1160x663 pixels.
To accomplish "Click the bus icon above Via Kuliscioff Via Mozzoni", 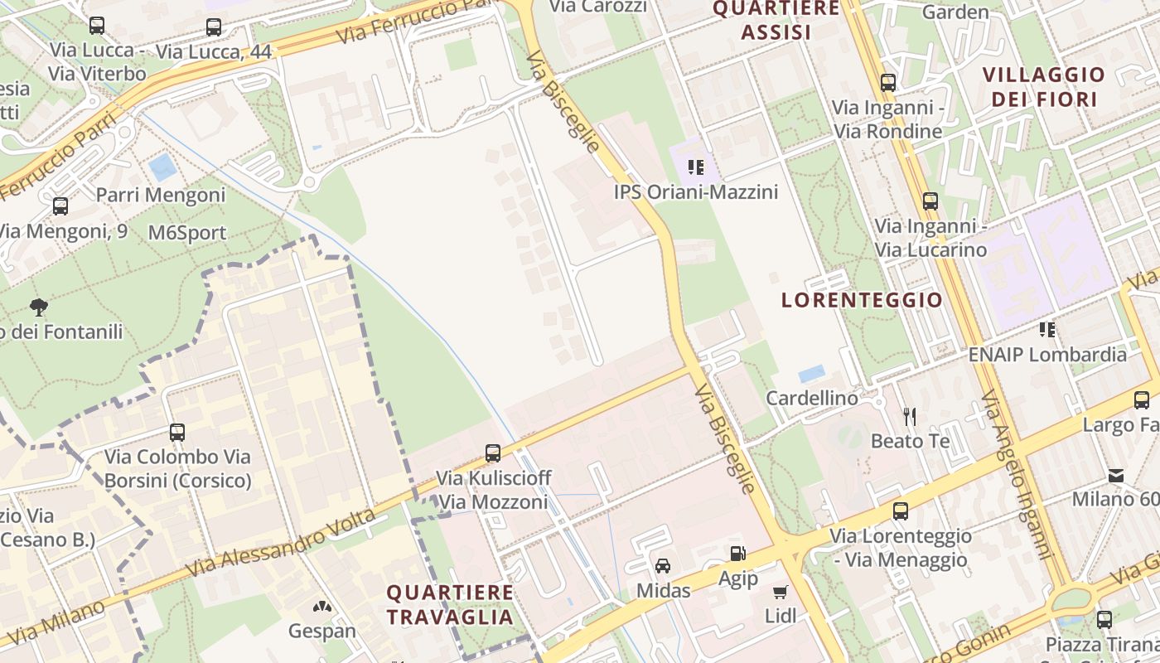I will (493, 453).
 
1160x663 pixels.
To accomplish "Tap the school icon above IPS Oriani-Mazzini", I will (696, 167).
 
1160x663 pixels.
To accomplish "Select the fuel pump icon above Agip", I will (737, 554).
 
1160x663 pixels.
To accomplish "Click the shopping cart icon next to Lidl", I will (780, 592).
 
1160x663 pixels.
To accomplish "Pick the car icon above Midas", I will (663, 566).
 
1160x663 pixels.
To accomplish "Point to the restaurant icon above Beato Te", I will (910, 416).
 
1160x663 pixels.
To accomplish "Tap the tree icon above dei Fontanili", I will (38, 307).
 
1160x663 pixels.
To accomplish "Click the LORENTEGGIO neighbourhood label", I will (862, 300).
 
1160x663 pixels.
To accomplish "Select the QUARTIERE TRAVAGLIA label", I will (450, 605).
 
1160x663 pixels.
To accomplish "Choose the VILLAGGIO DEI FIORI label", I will (1044, 87).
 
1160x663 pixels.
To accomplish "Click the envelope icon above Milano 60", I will (1116, 476).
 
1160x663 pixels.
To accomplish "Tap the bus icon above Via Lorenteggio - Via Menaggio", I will (901, 511).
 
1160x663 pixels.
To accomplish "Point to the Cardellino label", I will (812, 399).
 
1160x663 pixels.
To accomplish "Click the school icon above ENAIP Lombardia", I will (1047, 330).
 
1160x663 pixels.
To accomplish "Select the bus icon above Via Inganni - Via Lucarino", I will (930, 201).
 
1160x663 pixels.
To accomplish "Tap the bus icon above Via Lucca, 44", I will (214, 27).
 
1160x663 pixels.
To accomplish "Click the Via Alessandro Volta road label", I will (282, 544).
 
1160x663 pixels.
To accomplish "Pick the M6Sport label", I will (187, 233).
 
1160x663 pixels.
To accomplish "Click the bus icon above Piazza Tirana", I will (1104, 619).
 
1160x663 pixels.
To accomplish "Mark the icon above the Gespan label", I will (321, 607).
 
